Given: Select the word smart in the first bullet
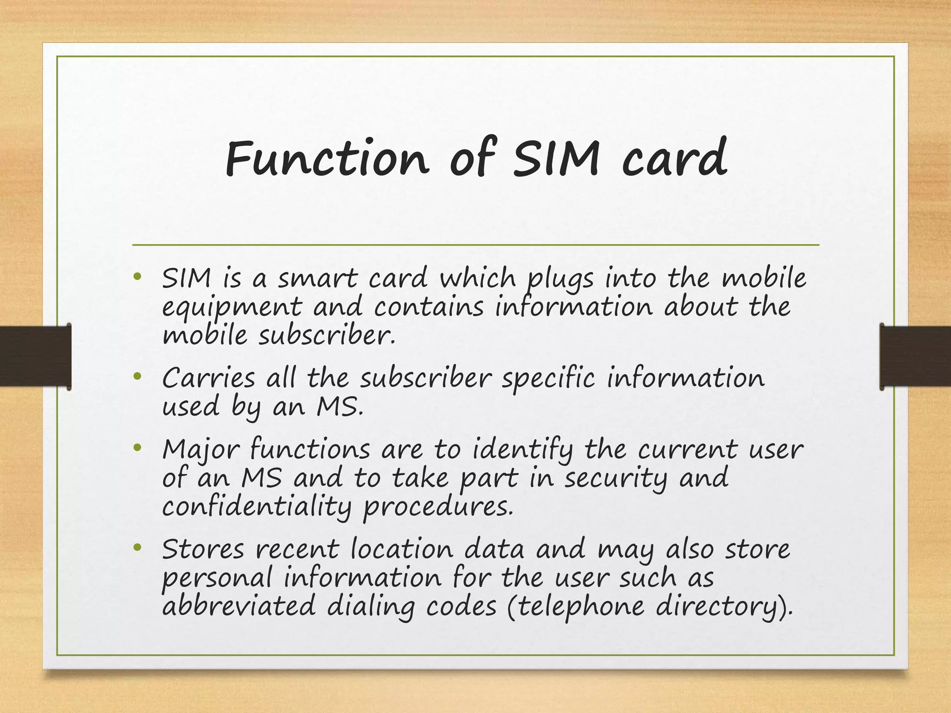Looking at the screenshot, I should [318, 279].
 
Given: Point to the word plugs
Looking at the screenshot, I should [560, 279].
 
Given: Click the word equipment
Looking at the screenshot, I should [232, 308].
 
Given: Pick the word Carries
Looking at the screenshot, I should [208, 378].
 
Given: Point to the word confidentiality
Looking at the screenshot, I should [257, 507].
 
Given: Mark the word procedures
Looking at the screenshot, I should [438, 507].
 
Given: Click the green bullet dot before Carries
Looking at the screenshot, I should [137, 376].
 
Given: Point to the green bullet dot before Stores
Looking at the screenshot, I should [137, 548].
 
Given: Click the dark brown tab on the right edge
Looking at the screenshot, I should [915, 356].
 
